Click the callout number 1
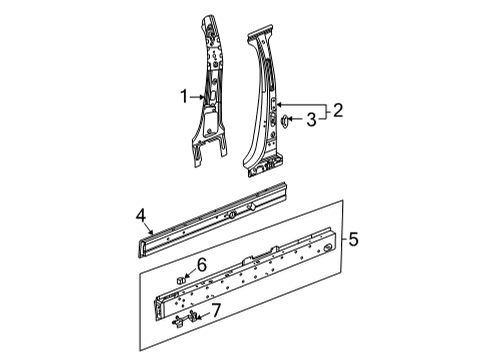(184, 97)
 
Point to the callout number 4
(142, 213)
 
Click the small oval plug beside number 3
(284, 120)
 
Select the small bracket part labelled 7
(184, 319)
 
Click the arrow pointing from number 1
(199, 97)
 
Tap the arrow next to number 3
(296, 120)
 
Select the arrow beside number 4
(148, 225)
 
